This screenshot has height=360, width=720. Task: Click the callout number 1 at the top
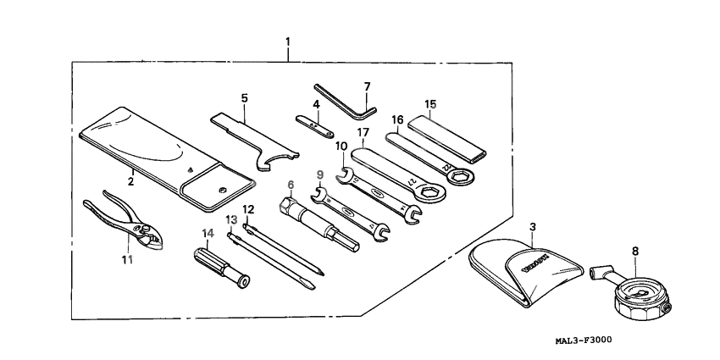pos(288,42)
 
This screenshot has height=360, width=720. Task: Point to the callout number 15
pos(430,105)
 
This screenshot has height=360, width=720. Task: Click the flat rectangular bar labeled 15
pos(447,141)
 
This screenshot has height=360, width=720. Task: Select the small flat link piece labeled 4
pos(315,125)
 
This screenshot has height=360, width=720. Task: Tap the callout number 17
pos(363,132)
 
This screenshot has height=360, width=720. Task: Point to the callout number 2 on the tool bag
pos(131,180)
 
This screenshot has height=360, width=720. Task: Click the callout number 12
pos(248,208)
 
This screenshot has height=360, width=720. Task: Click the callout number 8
pos(635,251)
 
